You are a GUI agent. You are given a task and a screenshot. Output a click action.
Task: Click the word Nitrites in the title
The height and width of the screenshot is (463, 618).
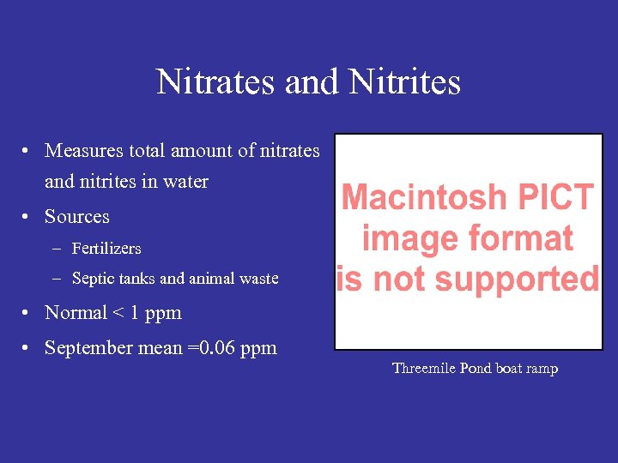404,82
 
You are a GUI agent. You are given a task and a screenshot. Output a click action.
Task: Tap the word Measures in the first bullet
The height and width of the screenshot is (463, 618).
84,151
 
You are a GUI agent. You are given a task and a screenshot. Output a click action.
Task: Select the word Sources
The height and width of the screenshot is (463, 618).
77,217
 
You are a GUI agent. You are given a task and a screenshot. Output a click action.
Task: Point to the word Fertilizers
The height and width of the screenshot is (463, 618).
106,249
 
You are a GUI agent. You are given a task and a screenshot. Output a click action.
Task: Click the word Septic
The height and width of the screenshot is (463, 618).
92,279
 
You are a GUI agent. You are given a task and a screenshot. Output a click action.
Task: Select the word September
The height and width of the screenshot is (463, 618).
88,348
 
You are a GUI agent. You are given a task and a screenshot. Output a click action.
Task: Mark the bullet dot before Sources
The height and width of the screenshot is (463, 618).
28,217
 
